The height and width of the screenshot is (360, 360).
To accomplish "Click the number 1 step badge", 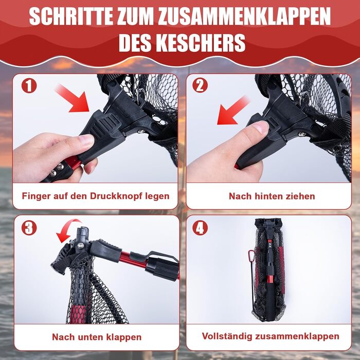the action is tap(29, 85).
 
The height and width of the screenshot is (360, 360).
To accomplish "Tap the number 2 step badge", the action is tap(200, 85).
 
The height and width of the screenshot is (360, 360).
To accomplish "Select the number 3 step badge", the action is tap(29, 228).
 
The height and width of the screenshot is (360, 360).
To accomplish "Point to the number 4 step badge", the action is tap(200, 228).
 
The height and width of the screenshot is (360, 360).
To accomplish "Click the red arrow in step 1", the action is tap(73, 99).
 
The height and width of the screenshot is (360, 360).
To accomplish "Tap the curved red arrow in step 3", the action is tap(68, 229).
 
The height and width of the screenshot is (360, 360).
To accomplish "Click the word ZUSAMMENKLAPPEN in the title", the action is tap(244, 16).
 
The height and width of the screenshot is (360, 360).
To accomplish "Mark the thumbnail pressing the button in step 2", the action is tap(261, 127).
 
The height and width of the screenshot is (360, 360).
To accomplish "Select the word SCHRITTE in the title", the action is tap(71, 16).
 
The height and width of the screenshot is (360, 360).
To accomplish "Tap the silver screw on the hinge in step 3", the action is tap(80, 246).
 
